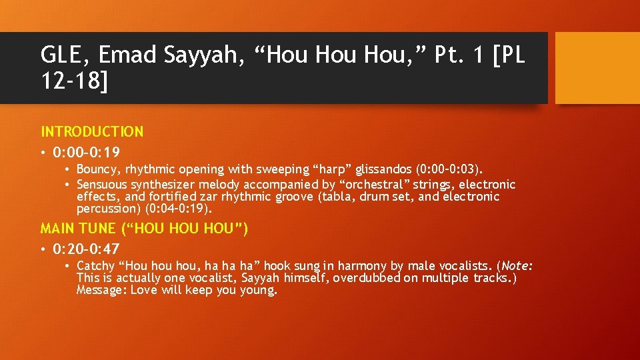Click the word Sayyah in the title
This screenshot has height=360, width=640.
coord(203,55)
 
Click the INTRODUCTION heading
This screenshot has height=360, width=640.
coord(92,132)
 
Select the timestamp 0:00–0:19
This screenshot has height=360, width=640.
coord(89,153)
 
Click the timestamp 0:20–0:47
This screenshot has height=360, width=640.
coord(89,249)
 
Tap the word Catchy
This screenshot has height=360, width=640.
coord(97,266)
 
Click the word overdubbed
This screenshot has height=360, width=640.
coord(366,278)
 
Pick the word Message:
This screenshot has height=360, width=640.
coord(102,290)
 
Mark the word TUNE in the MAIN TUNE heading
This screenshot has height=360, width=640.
coord(97,229)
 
